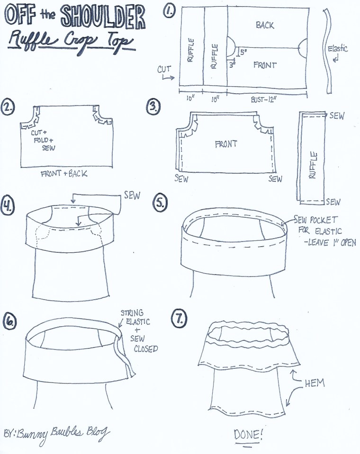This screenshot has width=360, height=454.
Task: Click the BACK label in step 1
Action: point(265,25)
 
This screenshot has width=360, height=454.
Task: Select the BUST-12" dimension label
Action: point(265,100)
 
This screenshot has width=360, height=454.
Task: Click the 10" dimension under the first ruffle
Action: point(191,99)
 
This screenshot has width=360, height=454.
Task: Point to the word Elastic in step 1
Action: point(338,48)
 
